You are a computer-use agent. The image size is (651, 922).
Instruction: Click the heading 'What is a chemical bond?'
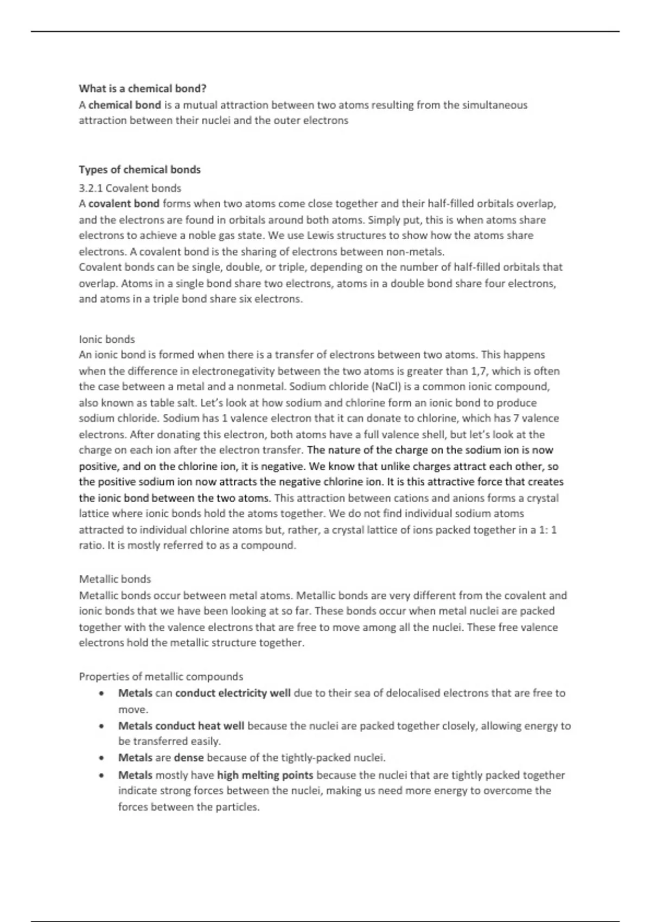(143, 88)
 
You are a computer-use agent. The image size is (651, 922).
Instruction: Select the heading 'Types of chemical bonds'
(139, 170)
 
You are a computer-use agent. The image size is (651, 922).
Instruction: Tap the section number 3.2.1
(91, 188)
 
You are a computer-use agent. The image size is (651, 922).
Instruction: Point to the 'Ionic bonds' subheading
(107, 340)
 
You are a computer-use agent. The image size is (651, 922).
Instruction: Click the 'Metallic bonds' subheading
(115, 579)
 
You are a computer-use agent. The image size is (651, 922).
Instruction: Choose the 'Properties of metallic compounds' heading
(161, 677)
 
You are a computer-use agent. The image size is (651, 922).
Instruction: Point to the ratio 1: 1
(547, 530)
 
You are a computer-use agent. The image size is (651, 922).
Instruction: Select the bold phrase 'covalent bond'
(124, 204)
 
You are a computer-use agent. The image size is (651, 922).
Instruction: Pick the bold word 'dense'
(189, 758)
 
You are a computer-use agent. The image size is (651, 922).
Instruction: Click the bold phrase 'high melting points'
(265, 775)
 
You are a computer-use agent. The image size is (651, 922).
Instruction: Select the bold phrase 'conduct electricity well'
(233, 693)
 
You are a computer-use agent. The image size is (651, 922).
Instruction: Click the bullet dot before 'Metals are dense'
(101, 758)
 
